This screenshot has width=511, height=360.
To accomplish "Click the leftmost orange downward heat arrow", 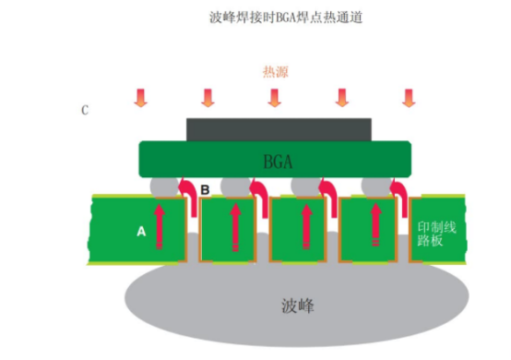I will (x=140, y=98).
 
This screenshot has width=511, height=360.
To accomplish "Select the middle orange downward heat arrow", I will (x=274, y=98).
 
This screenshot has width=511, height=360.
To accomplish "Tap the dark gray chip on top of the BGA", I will (x=279, y=129).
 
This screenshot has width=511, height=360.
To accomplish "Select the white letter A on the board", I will (x=141, y=233).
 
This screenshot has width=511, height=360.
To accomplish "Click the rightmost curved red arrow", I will (x=398, y=194).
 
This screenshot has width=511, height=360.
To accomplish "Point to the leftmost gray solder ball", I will (x=162, y=186).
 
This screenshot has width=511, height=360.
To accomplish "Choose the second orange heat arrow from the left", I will (x=207, y=98).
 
